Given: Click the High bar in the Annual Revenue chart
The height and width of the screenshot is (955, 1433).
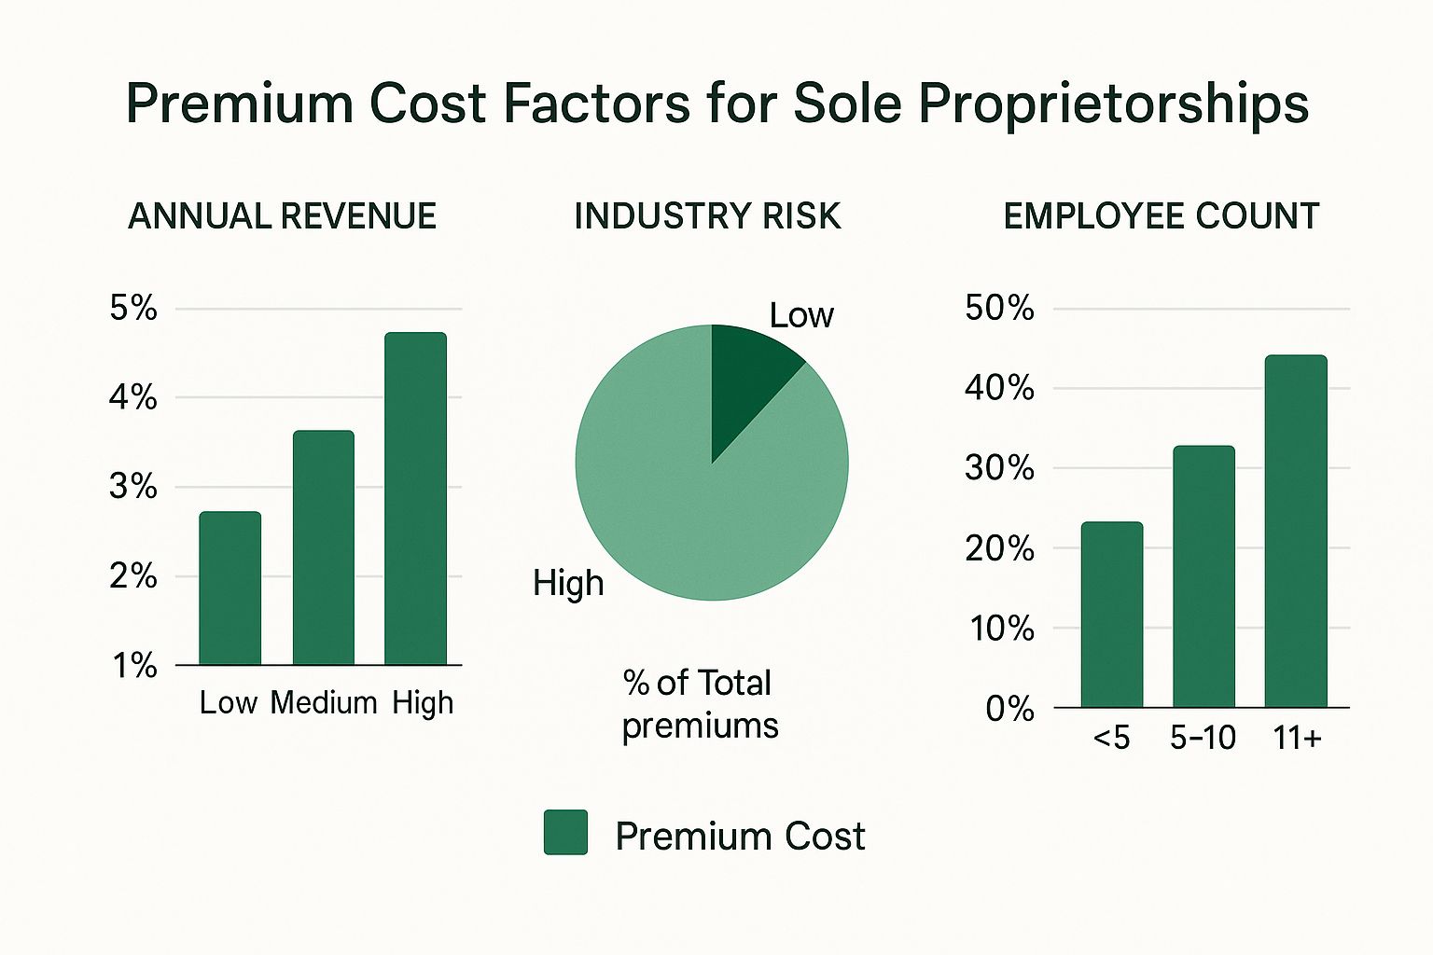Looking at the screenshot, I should [415, 499].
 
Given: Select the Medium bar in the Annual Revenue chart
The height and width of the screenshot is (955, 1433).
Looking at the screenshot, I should [323, 547].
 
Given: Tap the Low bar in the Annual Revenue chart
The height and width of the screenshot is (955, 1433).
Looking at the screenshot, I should [230, 588].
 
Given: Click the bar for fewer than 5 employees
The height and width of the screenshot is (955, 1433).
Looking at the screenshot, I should [1111, 615].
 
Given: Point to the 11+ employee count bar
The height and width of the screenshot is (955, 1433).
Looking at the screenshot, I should [1296, 532].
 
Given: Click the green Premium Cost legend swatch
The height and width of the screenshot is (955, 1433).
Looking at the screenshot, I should [565, 832].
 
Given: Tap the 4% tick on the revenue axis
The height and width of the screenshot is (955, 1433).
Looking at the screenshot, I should [132, 398].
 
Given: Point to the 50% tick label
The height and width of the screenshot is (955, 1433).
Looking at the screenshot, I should [999, 308].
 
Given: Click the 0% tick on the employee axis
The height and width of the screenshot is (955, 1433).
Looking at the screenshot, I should [1009, 710].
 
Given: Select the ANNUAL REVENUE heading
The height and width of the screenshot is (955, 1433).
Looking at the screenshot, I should [282, 216].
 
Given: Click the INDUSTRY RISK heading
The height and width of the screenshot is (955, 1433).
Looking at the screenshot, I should [707, 216].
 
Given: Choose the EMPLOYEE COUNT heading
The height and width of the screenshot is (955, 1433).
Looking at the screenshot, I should [1161, 216].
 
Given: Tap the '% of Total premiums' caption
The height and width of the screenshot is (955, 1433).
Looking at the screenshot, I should [700, 704].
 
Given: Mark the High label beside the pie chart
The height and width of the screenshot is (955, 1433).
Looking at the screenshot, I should [568, 584].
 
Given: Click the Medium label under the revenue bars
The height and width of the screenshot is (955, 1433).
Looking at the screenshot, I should [324, 702].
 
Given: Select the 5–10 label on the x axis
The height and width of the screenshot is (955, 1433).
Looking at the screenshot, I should [1203, 739].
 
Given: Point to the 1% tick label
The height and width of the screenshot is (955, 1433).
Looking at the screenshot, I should [134, 666].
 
